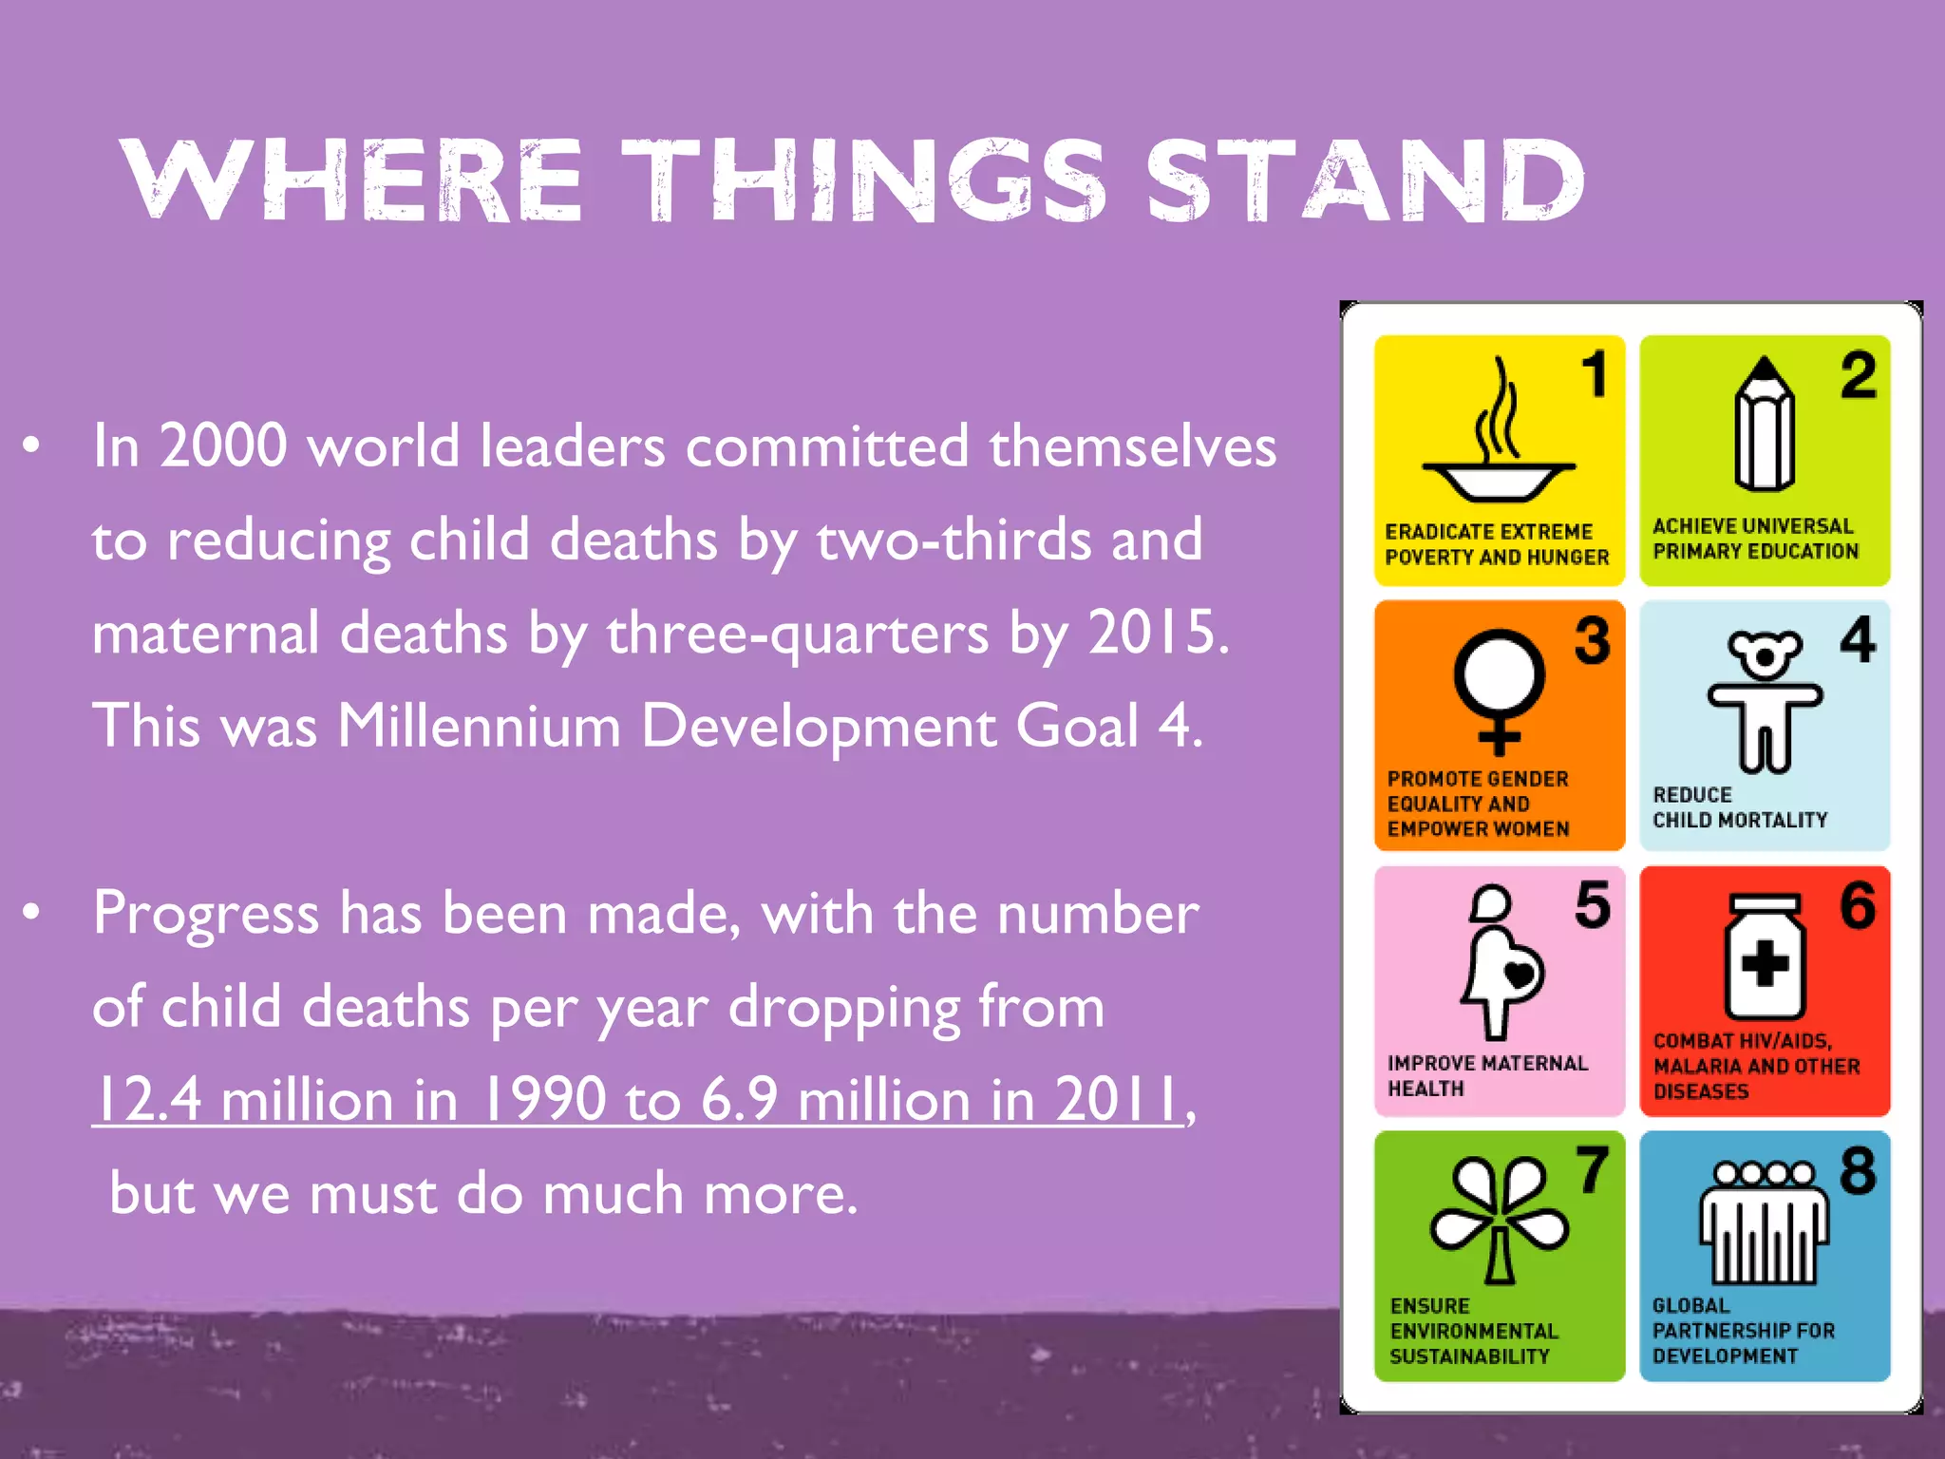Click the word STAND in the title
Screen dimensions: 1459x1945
(x=1365, y=180)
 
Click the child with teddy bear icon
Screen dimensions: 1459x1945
(x=1764, y=699)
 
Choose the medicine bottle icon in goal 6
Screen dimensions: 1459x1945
(x=1765, y=957)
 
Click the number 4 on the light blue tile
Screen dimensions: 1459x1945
(x=1858, y=639)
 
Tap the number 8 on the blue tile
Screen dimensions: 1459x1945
(x=1858, y=1170)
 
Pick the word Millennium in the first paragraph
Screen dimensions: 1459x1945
(x=479, y=727)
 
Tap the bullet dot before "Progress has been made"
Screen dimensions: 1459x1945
(x=31, y=912)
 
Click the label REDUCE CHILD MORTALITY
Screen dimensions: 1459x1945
(x=1739, y=807)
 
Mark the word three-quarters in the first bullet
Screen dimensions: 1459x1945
(x=798, y=633)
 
